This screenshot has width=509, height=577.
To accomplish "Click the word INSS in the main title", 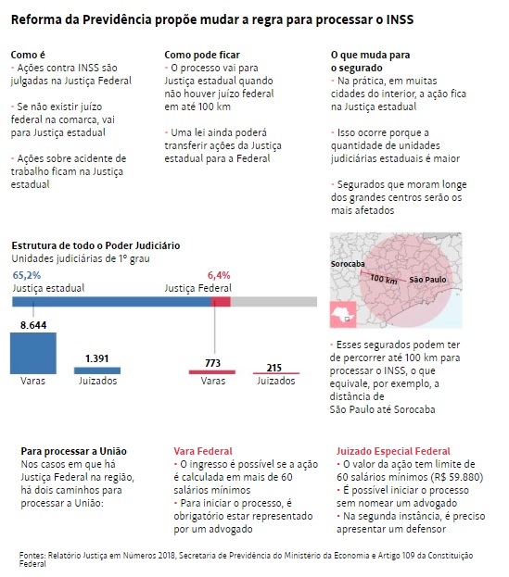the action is (400, 19).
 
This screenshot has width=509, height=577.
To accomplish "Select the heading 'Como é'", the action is (28, 55).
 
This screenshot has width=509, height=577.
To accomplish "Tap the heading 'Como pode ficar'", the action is (202, 55).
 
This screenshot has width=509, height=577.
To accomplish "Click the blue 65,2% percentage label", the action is (27, 275).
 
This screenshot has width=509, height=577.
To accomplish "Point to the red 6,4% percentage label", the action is (219, 275).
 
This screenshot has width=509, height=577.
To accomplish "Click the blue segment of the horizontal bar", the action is (111, 302).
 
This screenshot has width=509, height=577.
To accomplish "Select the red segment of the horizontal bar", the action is (221, 302).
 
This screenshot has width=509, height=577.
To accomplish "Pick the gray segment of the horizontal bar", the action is (274, 302).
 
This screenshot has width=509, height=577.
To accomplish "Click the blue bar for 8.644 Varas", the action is (33, 353).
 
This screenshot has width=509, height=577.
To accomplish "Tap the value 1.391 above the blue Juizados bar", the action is (96, 358).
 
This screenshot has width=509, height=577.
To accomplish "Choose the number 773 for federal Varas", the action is (212, 363).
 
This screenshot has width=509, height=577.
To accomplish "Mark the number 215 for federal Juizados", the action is (274, 368).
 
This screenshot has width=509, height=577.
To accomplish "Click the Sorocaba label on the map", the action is (348, 264).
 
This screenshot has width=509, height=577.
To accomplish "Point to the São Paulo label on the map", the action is (427, 280).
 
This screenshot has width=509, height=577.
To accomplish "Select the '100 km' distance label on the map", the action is (384, 279).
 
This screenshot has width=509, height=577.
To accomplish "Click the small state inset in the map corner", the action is (343, 314).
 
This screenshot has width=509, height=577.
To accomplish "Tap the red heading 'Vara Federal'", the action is (203, 451).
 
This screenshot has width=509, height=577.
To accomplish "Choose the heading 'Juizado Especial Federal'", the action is (393, 451).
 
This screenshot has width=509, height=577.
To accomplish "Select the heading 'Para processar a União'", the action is (73, 451).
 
